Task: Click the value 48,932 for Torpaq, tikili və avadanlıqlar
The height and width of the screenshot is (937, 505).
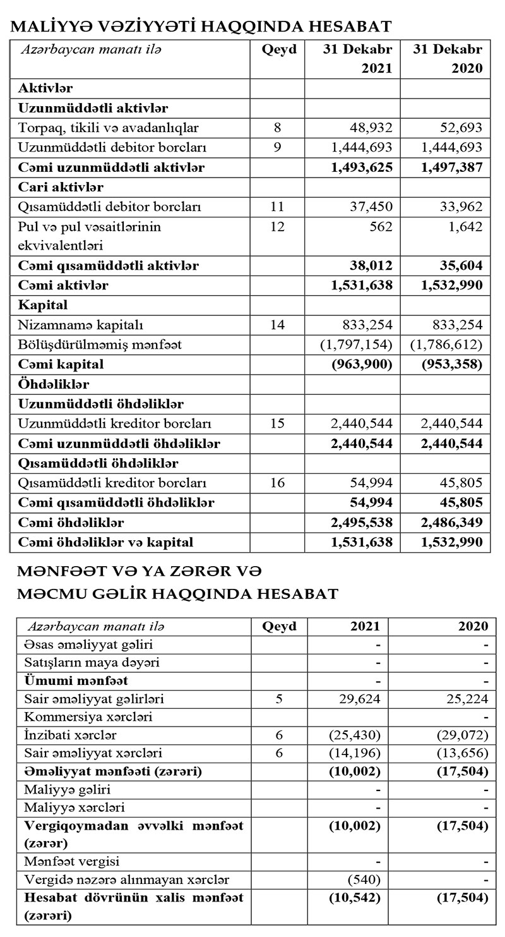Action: [371, 128]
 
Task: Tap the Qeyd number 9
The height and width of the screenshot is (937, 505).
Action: [277, 148]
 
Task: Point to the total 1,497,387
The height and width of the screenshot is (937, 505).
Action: [451, 167]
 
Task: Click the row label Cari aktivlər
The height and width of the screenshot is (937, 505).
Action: [61, 187]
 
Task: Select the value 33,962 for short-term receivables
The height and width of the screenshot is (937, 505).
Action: [461, 207]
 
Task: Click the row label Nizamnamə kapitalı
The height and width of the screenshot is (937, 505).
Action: [81, 325]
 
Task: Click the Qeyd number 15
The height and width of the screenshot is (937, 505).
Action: [277, 423]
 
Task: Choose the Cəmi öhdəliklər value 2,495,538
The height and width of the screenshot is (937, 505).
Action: [361, 523]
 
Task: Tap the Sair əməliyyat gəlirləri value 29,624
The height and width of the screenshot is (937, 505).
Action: [361, 699]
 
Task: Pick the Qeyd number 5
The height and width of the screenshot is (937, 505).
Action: [279, 699]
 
